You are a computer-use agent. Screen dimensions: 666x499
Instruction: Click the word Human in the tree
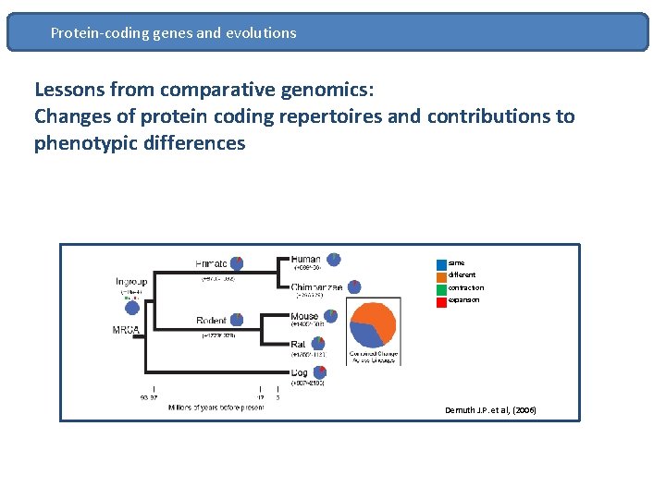click(x=306, y=260)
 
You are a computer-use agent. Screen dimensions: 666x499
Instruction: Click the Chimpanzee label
click(x=317, y=287)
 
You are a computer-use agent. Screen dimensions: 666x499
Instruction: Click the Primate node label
click(x=213, y=263)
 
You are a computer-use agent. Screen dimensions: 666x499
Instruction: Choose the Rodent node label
click(x=212, y=321)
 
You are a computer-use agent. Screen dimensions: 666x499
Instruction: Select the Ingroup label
click(x=131, y=281)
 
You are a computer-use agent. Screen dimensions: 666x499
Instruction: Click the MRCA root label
click(x=126, y=330)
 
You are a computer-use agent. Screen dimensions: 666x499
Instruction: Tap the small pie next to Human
click(x=334, y=260)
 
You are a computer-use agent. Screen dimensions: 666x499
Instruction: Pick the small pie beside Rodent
click(x=237, y=320)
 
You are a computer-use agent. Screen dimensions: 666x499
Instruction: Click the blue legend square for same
click(x=441, y=263)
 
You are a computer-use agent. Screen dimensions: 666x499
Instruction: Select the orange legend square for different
click(x=441, y=275)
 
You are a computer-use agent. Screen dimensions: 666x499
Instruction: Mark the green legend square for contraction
click(x=441, y=288)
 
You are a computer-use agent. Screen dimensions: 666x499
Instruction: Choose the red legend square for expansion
click(x=441, y=300)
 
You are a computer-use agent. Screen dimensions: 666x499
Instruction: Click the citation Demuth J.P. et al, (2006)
click(x=490, y=410)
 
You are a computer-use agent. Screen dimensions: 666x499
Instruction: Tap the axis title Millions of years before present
click(x=216, y=408)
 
